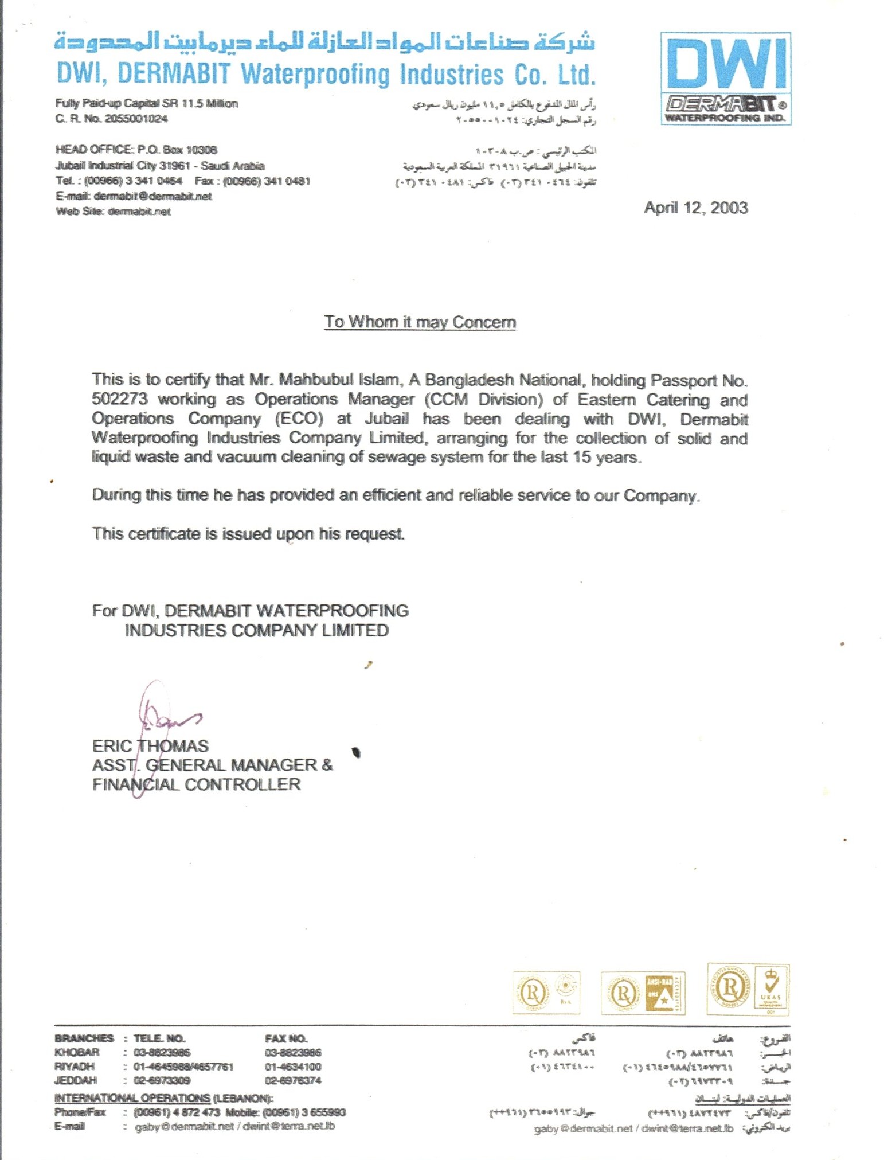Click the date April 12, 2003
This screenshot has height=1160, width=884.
695,208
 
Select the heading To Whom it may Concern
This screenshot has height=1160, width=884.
420,322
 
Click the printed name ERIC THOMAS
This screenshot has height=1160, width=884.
150,746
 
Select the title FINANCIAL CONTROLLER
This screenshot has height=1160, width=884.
196,784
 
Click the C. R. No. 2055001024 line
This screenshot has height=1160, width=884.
111,119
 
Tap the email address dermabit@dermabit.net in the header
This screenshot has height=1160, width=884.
152,196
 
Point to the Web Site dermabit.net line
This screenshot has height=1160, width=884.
113,211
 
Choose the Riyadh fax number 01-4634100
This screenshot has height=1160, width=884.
293,1067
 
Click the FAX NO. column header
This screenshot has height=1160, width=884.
286,1038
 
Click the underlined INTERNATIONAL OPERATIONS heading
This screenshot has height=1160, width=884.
132,1098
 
